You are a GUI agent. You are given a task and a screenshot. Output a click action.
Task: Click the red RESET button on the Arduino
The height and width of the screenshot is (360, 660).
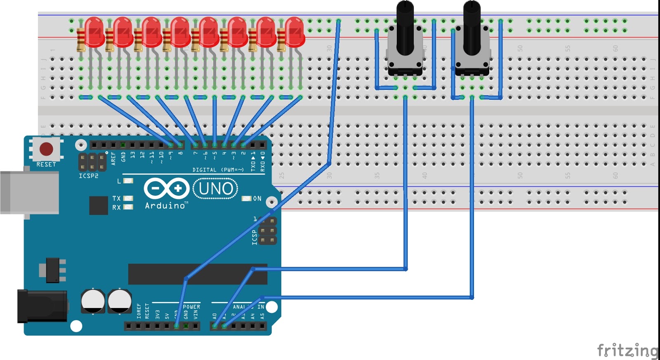(x=46, y=149)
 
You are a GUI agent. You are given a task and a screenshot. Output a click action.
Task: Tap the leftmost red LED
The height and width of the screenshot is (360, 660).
(x=94, y=32)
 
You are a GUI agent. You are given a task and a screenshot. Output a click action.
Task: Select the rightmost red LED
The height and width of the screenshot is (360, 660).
(x=295, y=32)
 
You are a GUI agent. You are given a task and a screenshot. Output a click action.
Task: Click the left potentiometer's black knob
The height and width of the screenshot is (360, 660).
(x=405, y=27)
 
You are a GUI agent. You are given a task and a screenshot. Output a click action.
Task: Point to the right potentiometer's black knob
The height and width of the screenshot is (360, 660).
(x=471, y=27)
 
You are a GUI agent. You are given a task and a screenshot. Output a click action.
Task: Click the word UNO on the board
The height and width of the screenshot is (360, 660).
(x=216, y=189)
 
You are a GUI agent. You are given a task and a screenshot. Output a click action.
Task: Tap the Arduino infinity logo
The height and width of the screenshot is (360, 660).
(x=167, y=189)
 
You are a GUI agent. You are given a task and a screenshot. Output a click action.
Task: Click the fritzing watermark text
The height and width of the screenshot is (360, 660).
(x=628, y=351)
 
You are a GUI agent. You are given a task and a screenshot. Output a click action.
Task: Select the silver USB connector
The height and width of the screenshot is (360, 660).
(x=29, y=193)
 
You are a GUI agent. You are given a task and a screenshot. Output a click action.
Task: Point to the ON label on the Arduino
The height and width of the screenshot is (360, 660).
(x=257, y=199)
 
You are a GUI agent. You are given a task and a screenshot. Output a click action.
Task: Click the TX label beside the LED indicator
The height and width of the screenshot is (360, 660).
(x=117, y=198)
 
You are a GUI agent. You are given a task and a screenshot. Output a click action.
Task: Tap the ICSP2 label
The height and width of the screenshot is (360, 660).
(x=89, y=176)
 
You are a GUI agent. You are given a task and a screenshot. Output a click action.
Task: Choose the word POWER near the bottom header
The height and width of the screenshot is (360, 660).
(x=191, y=307)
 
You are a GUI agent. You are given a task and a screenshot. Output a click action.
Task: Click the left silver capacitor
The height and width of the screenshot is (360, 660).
(x=93, y=301)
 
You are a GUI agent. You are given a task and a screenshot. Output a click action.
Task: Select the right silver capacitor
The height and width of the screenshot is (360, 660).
(x=120, y=301)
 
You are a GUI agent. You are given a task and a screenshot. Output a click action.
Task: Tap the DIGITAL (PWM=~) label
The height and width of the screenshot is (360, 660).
(x=218, y=170)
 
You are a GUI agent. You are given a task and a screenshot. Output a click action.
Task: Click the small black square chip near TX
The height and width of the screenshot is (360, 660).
(x=99, y=205)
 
